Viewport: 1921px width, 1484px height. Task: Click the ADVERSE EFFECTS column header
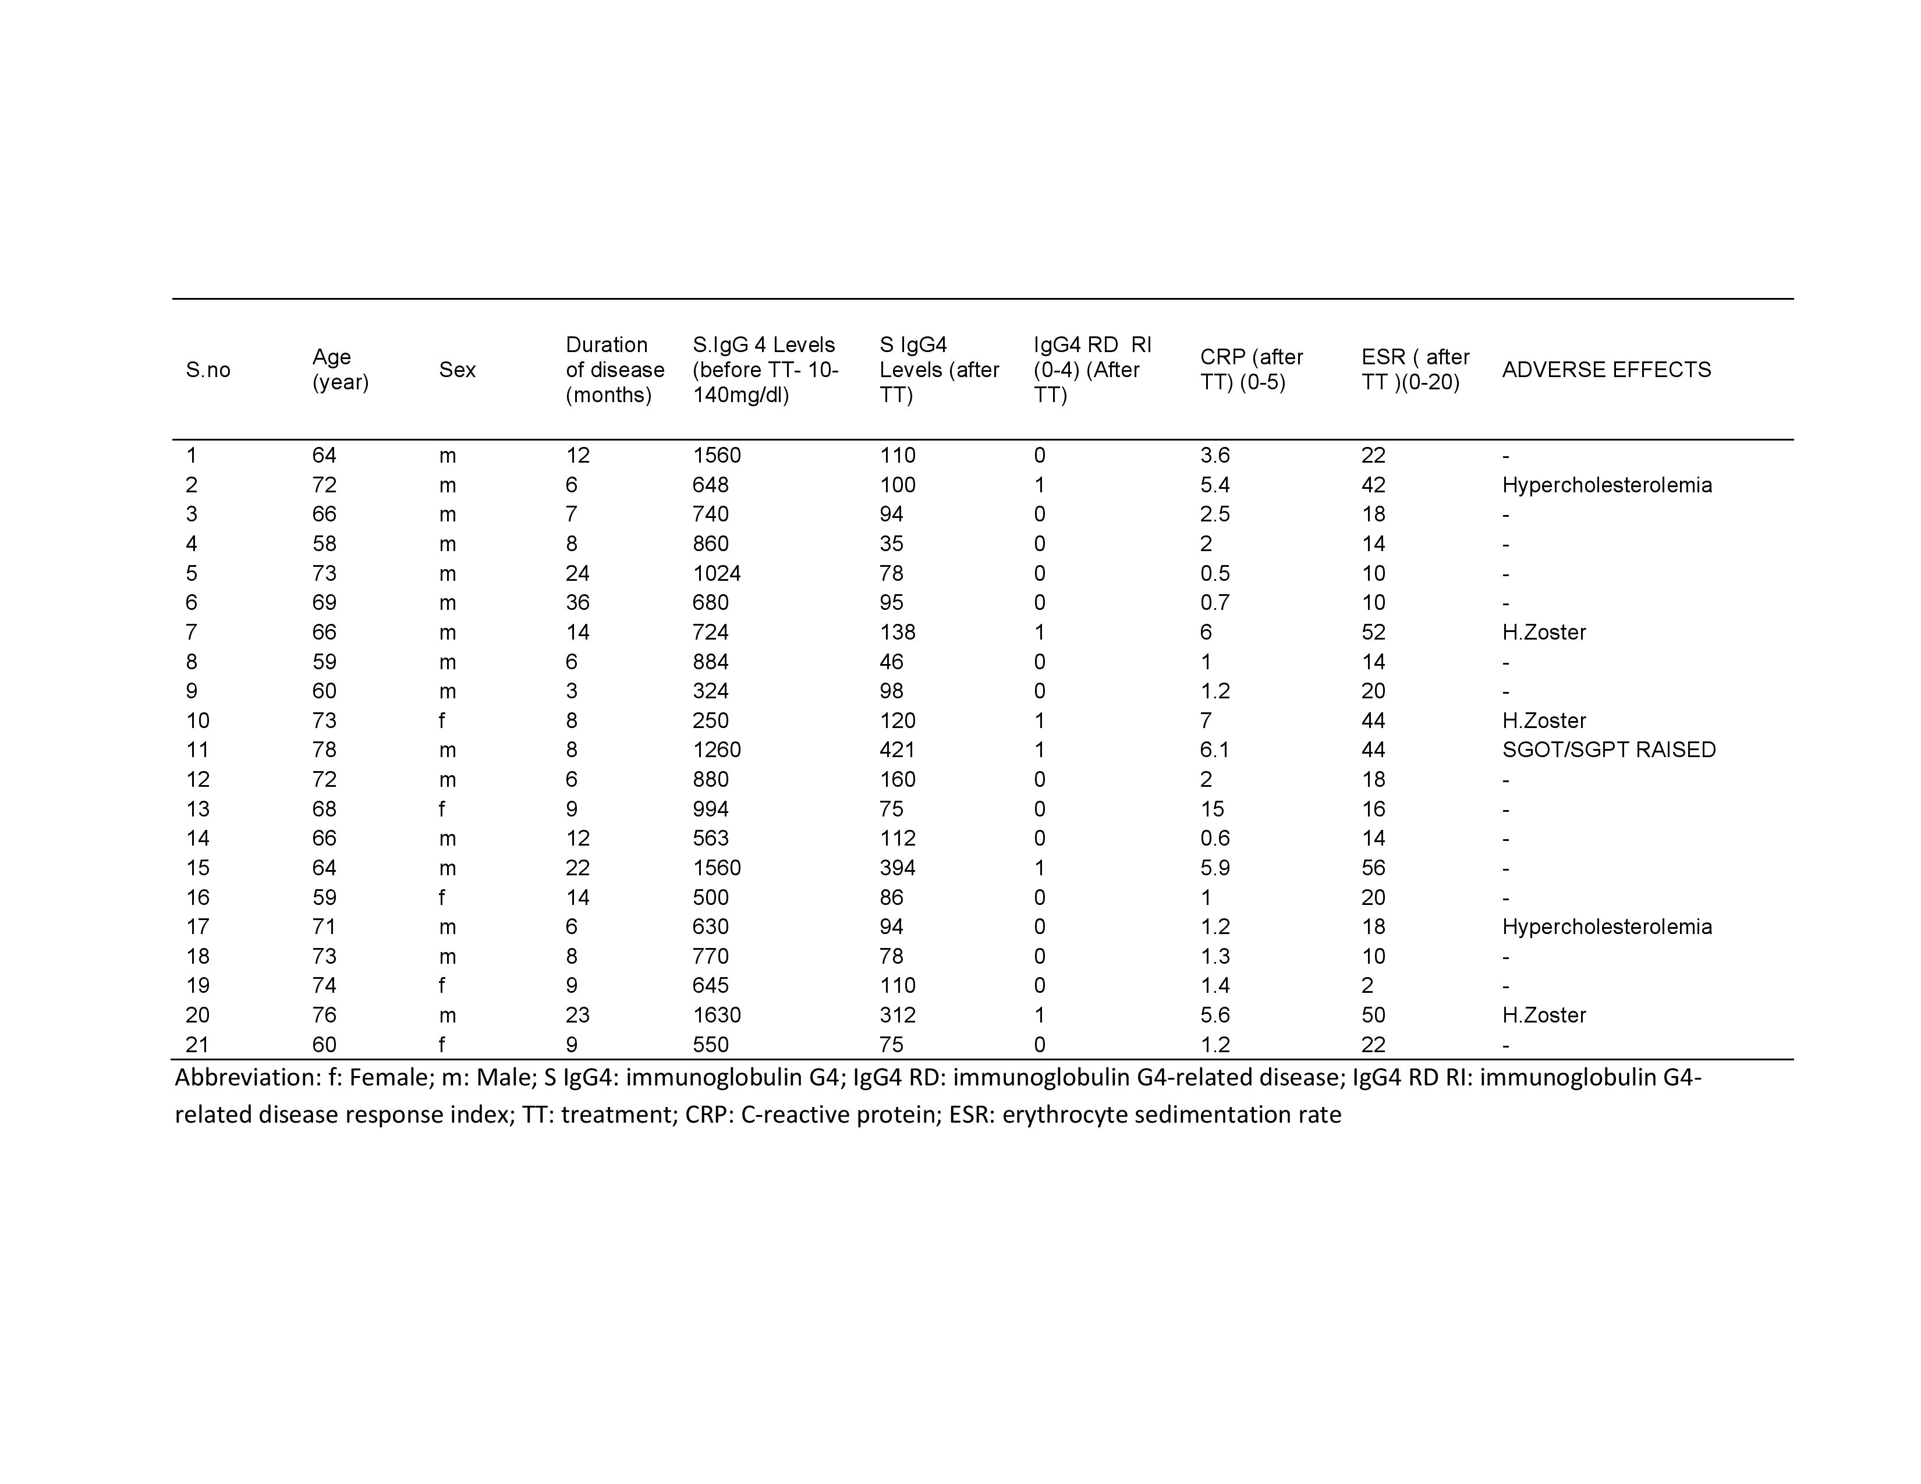[1606, 369]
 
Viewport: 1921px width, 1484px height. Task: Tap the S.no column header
[208, 369]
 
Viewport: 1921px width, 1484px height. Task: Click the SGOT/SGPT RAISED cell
[1609, 750]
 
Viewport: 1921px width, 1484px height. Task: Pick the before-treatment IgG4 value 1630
[716, 1016]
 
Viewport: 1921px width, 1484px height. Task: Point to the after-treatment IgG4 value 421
[897, 750]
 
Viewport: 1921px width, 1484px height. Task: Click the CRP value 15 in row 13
[1211, 809]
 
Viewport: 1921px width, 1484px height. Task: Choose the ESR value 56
[1373, 868]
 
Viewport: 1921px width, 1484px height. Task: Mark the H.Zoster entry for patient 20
[1544, 1016]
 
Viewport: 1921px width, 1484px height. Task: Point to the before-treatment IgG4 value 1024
[716, 573]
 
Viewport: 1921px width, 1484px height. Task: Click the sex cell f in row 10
[442, 721]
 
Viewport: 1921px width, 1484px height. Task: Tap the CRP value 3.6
[1215, 456]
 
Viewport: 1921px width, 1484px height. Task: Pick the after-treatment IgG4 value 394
[897, 868]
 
